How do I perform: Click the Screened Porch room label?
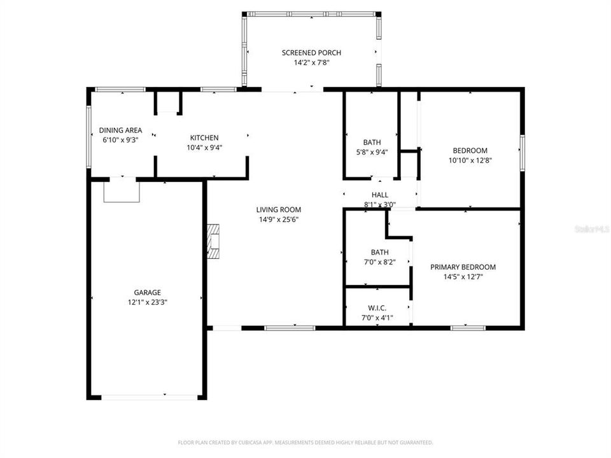click(311, 52)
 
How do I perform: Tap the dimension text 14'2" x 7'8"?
click(311, 63)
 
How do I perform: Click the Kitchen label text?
click(204, 137)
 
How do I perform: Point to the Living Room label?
click(278, 209)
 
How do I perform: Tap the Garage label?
click(147, 293)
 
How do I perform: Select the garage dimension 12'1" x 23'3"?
click(147, 302)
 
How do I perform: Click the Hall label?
click(380, 195)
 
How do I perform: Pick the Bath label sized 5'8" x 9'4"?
click(372, 142)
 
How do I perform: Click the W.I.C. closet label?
click(377, 308)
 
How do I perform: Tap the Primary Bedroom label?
click(463, 267)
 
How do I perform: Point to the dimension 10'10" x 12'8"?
click(470, 160)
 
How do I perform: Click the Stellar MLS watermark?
click(591, 227)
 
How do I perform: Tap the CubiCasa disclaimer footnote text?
click(305, 442)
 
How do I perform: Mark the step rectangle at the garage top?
click(121, 191)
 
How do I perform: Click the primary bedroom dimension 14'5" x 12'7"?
click(463, 277)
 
